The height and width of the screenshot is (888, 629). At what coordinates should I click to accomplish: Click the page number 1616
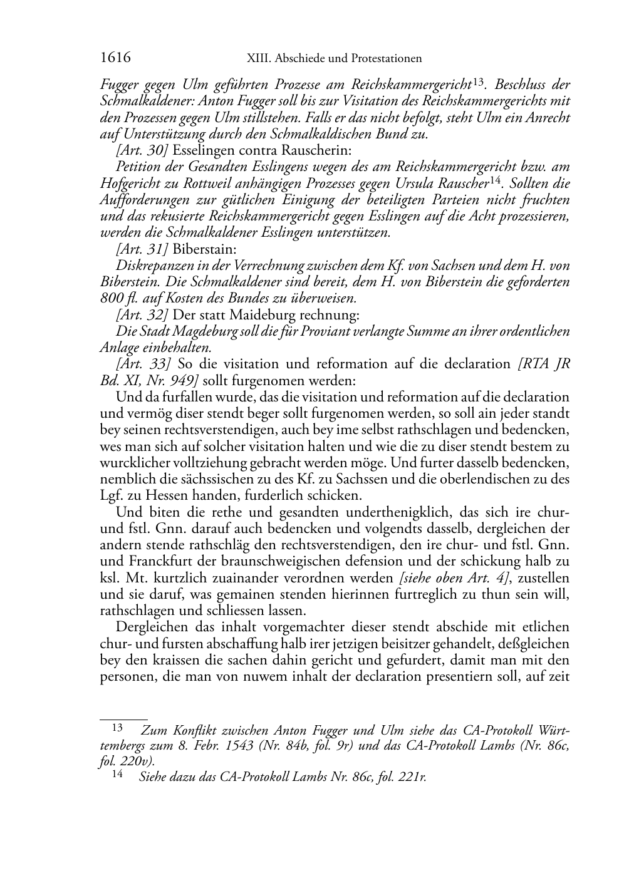pyautogui.click(x=115, y=58)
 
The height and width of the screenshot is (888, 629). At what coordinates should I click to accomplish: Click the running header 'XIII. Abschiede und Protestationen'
pyautogui.click(x=335, y=59)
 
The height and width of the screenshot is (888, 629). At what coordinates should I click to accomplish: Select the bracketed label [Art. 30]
pyautogui.click(x=142, y=151)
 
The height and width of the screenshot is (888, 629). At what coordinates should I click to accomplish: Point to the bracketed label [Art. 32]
pyautogui.click(x=142, y=314)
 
